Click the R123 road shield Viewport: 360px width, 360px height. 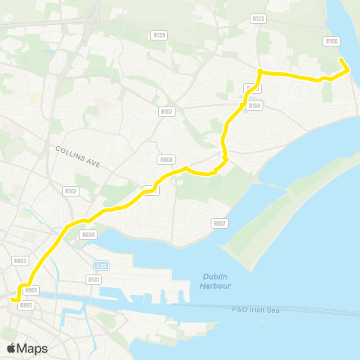click(259, 19)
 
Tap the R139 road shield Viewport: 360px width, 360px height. click(160, 34)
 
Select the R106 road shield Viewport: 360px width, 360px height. click(331, 41)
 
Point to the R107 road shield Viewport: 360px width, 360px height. click(166, 112)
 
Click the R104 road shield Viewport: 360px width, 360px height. click(256, 106)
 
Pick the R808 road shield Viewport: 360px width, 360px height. click(166, 160)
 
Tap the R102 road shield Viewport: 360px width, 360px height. click(71, 191)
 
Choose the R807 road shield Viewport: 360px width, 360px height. click(219, 223)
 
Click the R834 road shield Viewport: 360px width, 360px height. click(88, 235)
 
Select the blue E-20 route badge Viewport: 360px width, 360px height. click(102, 265)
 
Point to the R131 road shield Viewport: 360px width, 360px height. click(94, 279)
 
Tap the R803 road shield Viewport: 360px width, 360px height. click(20, 260)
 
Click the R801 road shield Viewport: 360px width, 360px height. click(31, 290)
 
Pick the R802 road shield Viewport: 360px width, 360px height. click(27, 305)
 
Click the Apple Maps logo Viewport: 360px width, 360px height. click(27, 348)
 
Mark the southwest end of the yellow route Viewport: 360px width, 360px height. click(12, 300)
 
